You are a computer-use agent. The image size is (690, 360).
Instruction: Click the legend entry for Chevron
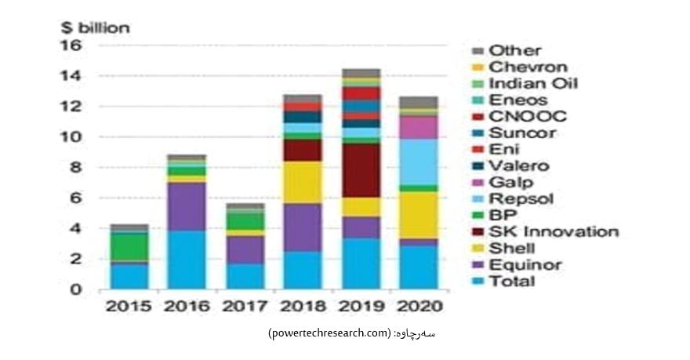point(528,67)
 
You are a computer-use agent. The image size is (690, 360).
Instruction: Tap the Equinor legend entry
point(525,265)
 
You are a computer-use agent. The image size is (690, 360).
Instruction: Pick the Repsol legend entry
point(521,198)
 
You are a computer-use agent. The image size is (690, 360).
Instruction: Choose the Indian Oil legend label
point(533,84)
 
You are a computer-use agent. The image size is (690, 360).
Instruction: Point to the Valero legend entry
point(519,165)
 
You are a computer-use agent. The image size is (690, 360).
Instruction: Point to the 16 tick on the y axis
point(71,45)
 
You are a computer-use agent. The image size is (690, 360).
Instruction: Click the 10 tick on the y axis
point(71,136)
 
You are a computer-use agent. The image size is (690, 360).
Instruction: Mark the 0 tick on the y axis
point(76,289)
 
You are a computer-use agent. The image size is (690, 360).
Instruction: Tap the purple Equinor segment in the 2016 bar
point(187,206)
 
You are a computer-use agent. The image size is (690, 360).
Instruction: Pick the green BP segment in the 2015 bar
point(129,247)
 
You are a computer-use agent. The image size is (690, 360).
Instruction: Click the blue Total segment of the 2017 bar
point(245,276)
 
